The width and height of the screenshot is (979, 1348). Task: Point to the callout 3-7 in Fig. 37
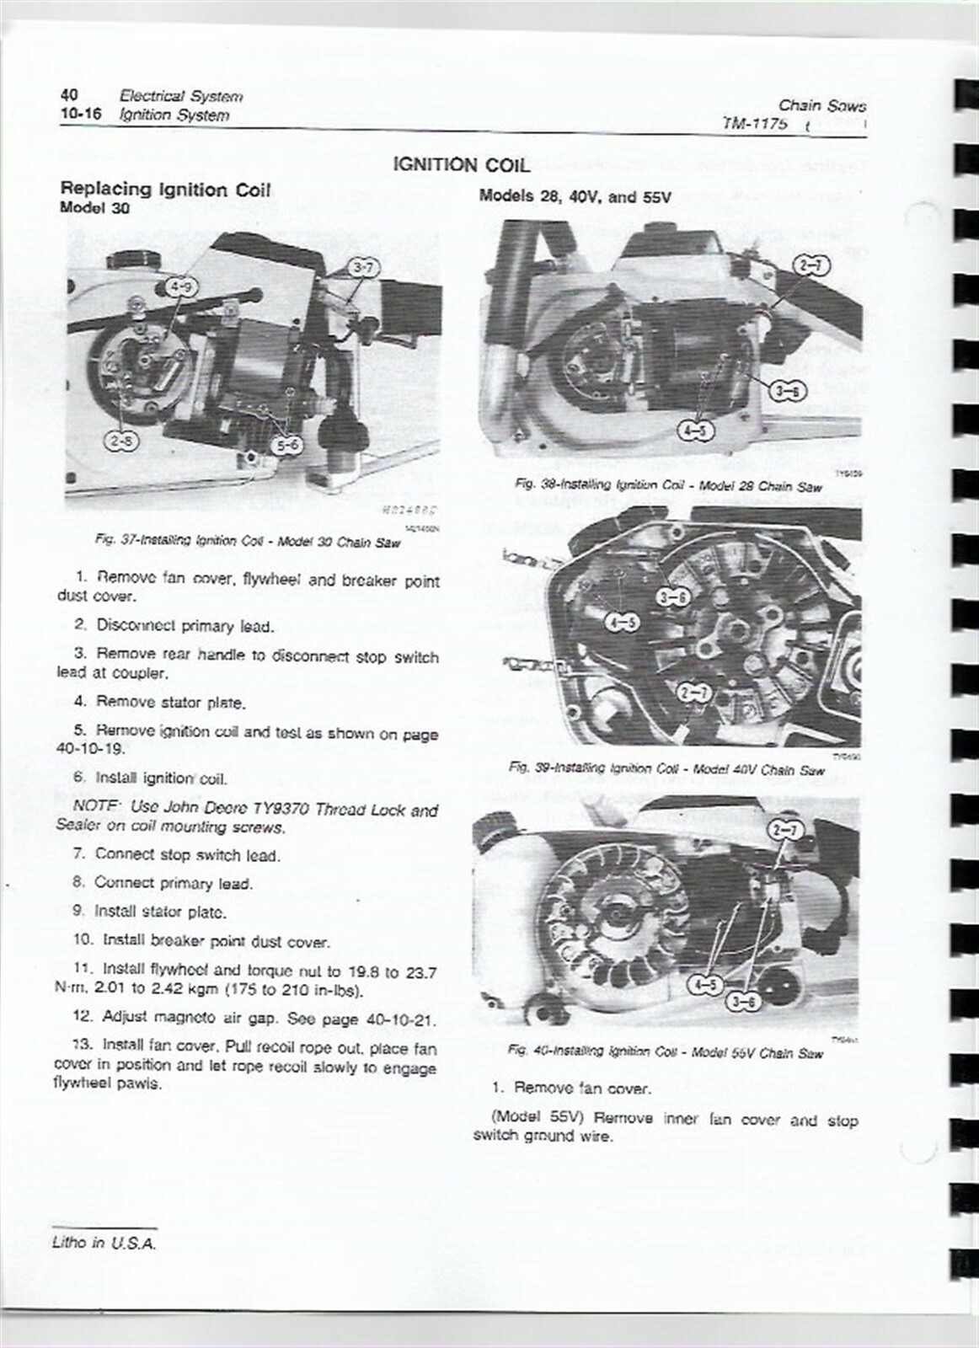[x=365, y=269]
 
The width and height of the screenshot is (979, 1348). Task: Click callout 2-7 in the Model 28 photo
[x=812, y=267]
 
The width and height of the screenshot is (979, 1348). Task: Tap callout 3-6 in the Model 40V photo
[x=673, y=597]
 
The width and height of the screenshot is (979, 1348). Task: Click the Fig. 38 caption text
[x=668, y=486]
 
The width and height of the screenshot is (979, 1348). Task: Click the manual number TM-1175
[x=755, y=124]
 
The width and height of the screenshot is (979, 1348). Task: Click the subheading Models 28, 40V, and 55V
[x=575, y=197]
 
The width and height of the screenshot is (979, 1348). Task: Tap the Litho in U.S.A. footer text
[x=104, y=1244]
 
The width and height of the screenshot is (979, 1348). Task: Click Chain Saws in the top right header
[x=821, y=106]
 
